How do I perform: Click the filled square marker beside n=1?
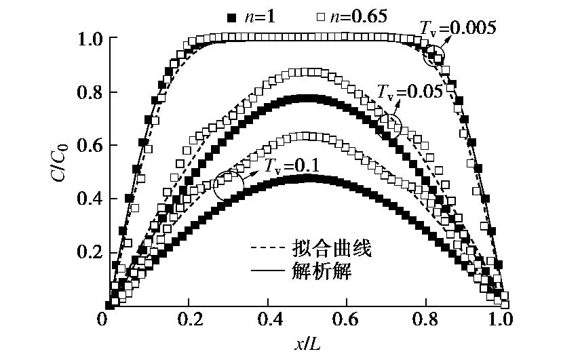point(230,14)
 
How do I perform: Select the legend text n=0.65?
point(355,14)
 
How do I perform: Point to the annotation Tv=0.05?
point(410,90)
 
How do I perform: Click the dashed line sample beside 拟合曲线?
point(269,249)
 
